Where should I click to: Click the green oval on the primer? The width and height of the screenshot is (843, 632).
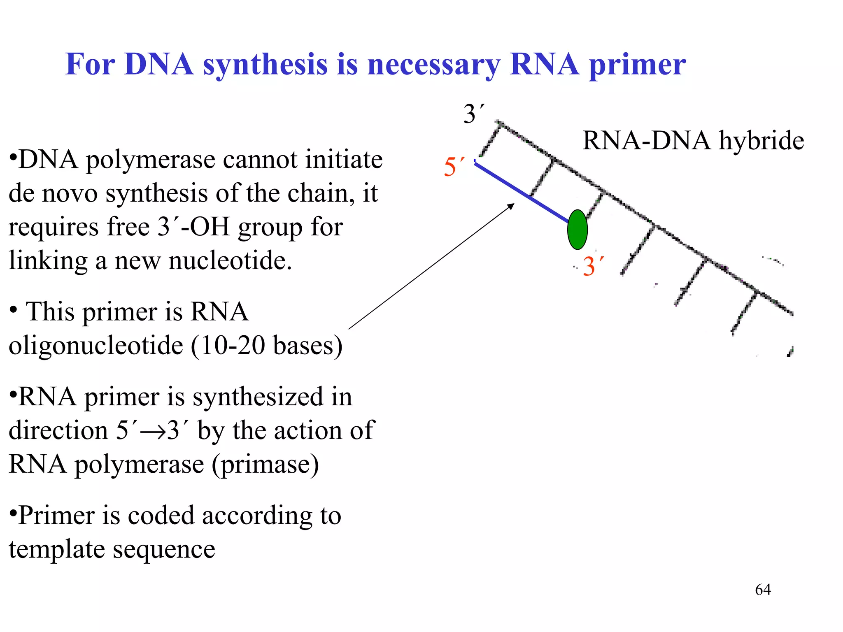(x=577, y=230)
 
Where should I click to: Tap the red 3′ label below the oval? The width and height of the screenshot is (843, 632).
(x=593, y=266)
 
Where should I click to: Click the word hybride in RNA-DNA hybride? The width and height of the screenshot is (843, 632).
(x=761, y=141)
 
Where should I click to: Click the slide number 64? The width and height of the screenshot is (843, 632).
(x=763, y=590)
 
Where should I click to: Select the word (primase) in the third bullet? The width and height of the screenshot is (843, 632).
(x=265, y=465)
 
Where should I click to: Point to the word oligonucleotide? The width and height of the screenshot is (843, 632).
(x=95, y=345)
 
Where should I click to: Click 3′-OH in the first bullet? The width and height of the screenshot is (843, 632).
(x=193, y=227)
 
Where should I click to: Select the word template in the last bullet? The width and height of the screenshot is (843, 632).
(x=56, y=549)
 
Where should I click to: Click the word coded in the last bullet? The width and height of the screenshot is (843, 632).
(x=162, y=515)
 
